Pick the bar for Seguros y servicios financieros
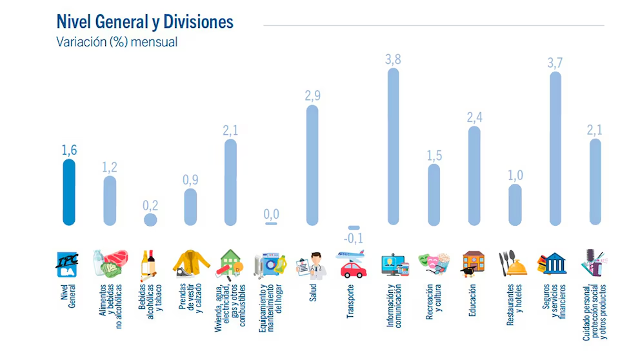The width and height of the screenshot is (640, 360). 555,148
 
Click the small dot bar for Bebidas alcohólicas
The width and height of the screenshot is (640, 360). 150,219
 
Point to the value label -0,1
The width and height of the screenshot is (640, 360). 353,239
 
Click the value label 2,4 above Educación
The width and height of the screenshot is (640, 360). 474,117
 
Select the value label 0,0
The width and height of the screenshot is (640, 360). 271,214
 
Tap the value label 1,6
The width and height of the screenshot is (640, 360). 69,150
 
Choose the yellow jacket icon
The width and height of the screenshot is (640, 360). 190,263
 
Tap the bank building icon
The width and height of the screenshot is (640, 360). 554,264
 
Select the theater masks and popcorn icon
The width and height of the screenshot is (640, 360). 434,263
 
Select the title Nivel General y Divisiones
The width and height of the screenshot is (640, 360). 145,23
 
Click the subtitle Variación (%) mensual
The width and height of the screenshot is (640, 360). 117,43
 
